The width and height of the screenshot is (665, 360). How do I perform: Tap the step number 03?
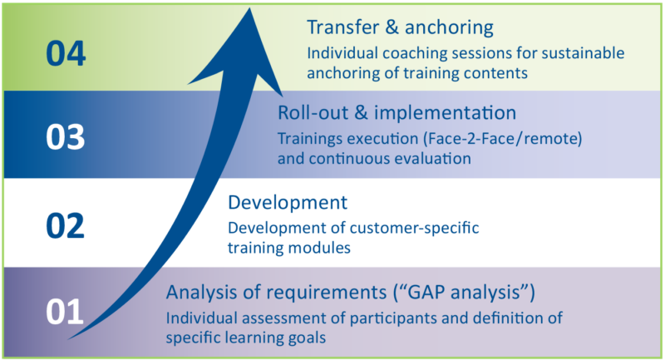point(66,138)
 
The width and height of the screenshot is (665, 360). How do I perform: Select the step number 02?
point(66,225)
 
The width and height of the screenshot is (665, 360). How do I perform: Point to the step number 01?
point(66,313)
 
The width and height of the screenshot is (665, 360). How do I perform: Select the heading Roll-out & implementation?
point(396,112)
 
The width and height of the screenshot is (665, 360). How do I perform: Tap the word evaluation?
point(432,156)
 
